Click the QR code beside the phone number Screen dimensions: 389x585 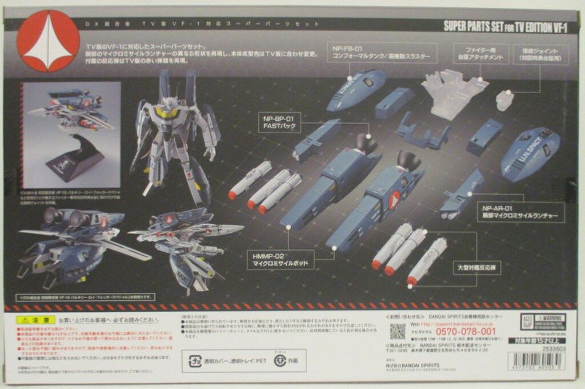[x=398, y=331]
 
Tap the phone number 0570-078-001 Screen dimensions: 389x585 [x=453, y=331]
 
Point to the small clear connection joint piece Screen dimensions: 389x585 [x=504, y=100]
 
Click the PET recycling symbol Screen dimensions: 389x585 [x=195, y=360]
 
